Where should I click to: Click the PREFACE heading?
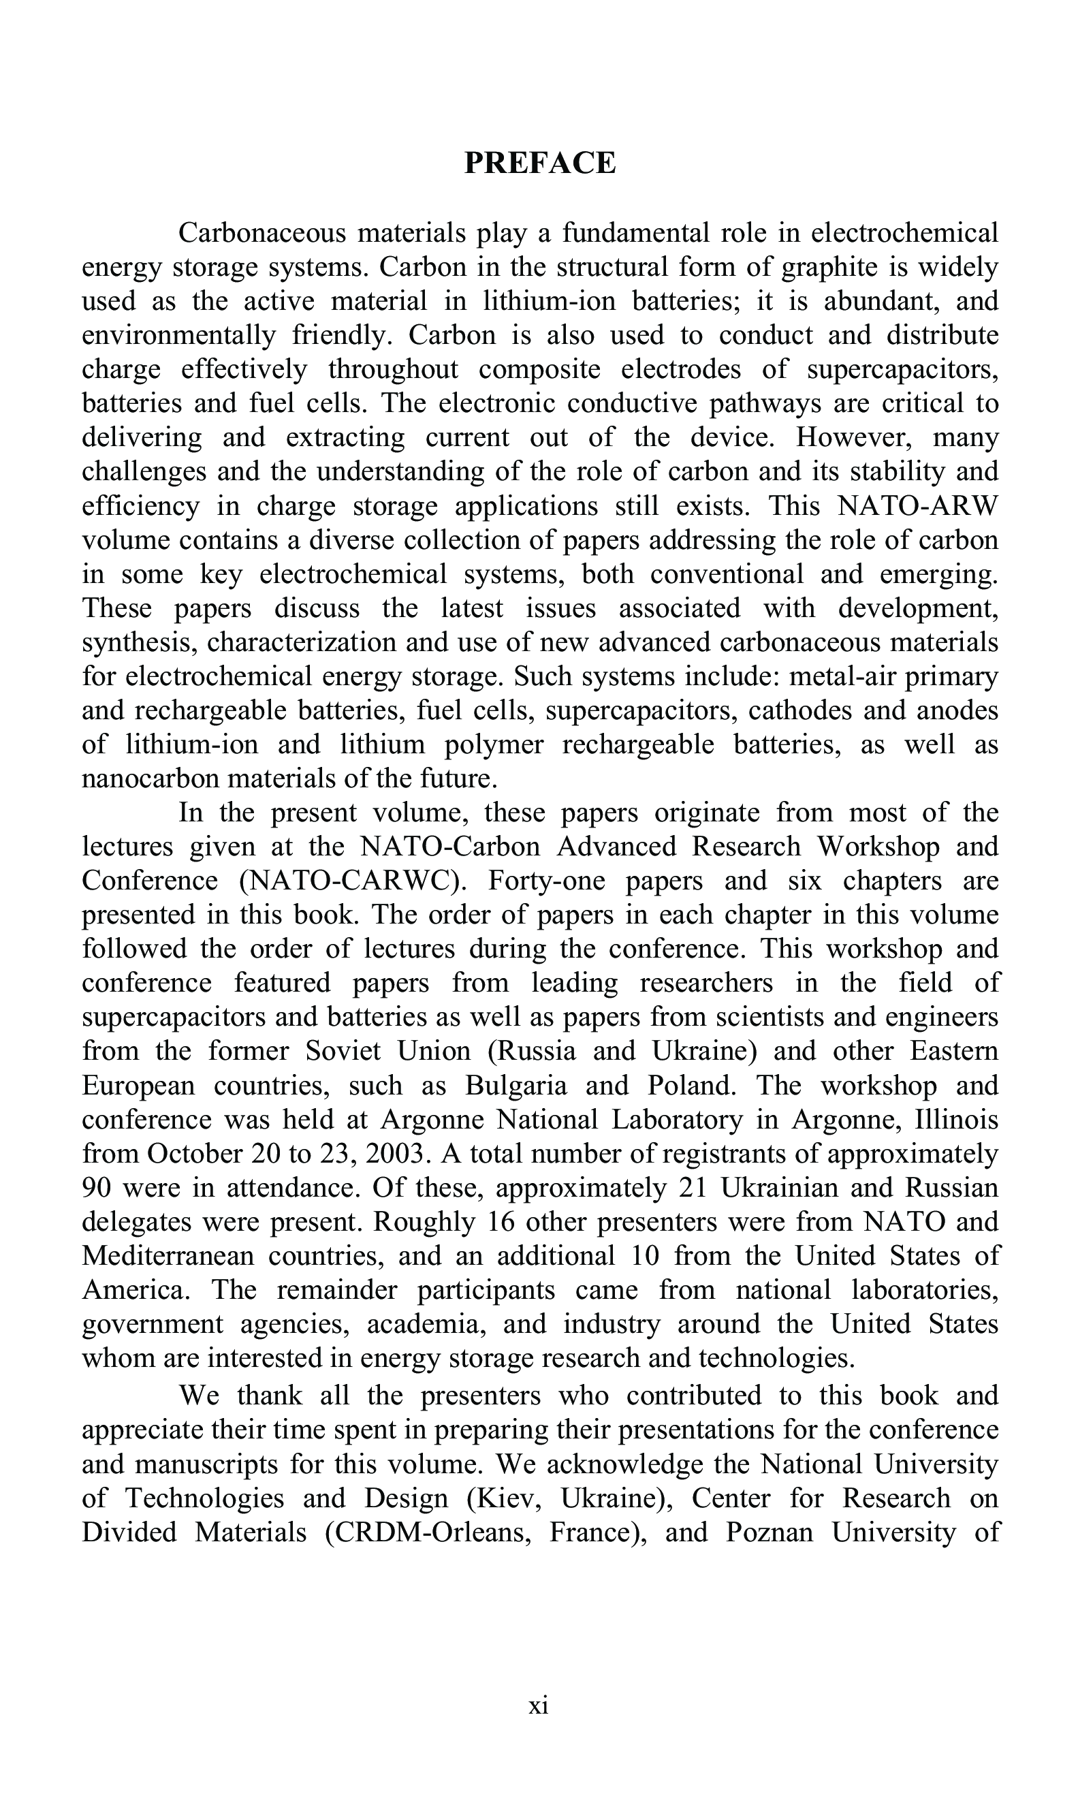coord(540,163)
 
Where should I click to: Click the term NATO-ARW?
coord(918,505)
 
